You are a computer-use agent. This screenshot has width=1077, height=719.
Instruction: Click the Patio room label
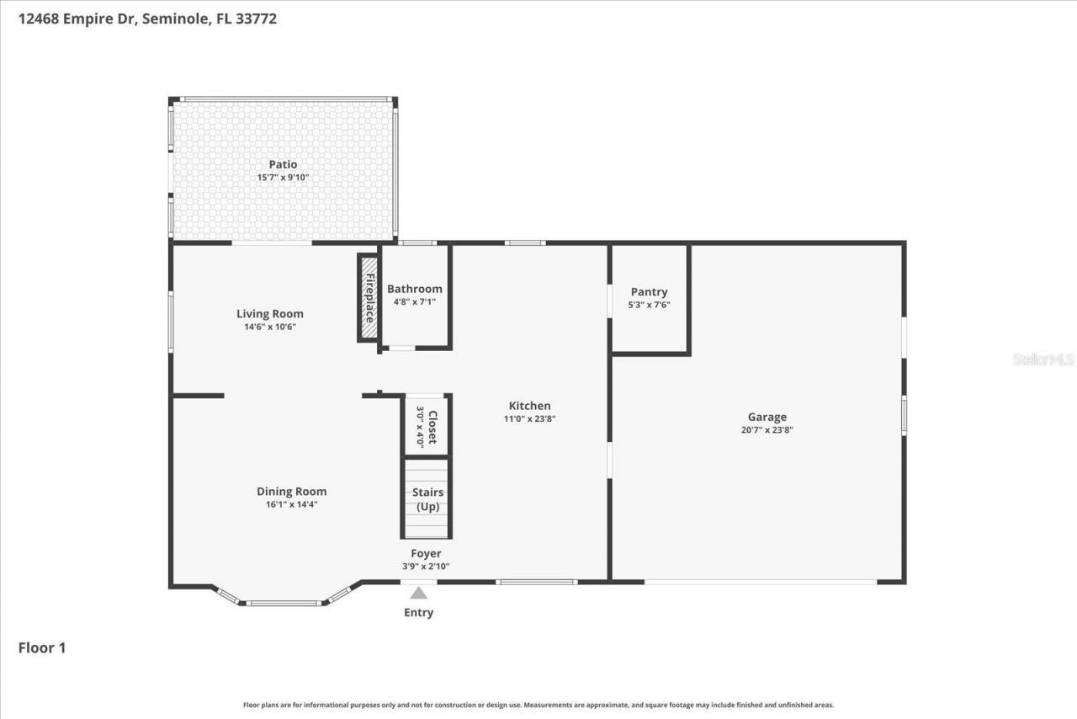pos(283,164)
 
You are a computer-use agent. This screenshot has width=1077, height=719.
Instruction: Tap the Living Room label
pos(269,314)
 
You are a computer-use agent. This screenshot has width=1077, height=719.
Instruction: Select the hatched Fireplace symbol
pos(369,298)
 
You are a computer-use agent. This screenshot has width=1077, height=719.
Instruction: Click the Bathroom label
pos(414,289)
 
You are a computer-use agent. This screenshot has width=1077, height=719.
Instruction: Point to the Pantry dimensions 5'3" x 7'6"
pos(649,306)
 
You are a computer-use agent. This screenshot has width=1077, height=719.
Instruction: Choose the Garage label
pos(767,417)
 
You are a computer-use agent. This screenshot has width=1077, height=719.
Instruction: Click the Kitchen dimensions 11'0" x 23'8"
pos(530,418)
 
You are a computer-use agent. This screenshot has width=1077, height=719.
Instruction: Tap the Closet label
pos(432,428)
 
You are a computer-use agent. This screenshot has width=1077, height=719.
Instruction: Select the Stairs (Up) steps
pos(427,498)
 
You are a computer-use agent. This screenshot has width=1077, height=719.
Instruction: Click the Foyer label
pos(426,553)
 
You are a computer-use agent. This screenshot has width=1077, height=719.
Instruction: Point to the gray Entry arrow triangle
pos(418,593)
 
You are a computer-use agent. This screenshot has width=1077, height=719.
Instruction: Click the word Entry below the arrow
pos(418,612)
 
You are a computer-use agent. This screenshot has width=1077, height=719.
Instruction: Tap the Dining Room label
pos(291,492)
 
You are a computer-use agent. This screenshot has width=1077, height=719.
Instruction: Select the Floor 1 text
pos(42,647)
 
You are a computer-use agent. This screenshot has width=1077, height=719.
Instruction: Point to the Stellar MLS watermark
pos(1043,359)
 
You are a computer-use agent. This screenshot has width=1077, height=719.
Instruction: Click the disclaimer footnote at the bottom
pos(538,705)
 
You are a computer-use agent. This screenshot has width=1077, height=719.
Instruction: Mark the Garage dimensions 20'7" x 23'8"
pos(767,429)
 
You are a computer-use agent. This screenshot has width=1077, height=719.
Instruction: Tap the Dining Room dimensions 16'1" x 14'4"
pos(291,504)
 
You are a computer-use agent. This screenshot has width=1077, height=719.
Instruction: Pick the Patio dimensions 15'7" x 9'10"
pos(283,178)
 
